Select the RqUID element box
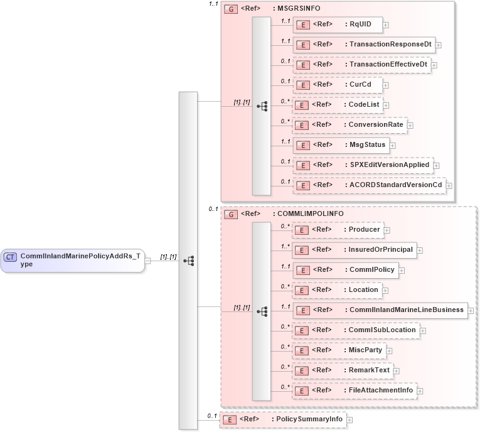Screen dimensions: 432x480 click(338, 24)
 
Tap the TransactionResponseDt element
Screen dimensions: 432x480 click(363, 45)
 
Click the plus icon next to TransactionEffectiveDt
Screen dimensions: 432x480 click(434, 65)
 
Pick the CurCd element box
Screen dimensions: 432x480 click(338, 85)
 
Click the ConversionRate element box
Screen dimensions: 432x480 click(349, 125)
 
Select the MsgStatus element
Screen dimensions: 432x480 click(340, 145)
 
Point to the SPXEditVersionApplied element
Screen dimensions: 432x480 click(363, 165)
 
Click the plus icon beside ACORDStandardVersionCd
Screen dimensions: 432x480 click(449, 186)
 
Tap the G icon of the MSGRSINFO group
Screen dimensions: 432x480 click(230, 10)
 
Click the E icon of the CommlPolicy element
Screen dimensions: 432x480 click(303, 270)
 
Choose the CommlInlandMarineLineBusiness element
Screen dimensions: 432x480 click(380, 310)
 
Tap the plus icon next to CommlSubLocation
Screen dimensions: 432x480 click(423, 330)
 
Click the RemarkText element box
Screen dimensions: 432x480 click(343, 370)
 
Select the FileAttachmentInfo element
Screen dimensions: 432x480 click(355, 391)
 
